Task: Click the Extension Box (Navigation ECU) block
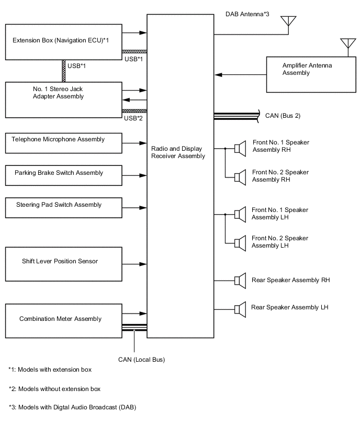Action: tap(63, 41)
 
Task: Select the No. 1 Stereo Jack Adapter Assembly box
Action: tap(63, 99)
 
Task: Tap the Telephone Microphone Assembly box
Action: tap(63, 143)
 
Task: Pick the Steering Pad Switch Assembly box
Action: tap(63, 207)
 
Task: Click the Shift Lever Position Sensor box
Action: tap(63, 264)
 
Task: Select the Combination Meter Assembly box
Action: tap(63, 319)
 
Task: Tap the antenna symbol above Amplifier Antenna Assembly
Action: tap(346, 45)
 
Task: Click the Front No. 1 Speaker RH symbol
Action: tap(240, 149)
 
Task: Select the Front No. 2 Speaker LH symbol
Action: tap(240, 243)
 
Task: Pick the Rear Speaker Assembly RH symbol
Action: tap(240, 281)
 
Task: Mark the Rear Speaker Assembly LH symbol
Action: tap(240, 309)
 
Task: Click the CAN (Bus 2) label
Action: tap(283, 115)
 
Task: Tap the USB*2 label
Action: tap(133, 118)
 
